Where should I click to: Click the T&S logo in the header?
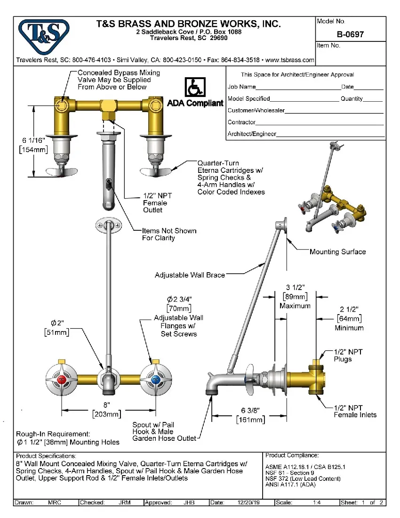44,35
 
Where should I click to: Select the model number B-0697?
350,34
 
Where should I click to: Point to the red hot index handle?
61,379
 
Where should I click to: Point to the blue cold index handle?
155,379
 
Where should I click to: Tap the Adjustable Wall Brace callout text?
190,275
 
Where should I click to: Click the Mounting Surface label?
337,252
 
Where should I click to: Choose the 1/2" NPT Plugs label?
348,356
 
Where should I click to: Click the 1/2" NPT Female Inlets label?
355,411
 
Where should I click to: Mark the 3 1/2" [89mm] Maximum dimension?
295,296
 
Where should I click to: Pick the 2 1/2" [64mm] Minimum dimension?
349,318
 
